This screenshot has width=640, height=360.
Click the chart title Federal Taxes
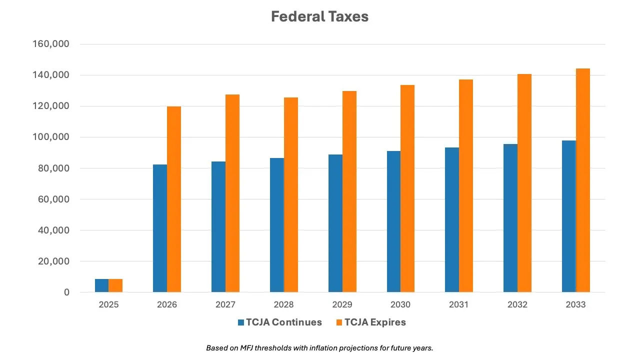click(x=319, y=16)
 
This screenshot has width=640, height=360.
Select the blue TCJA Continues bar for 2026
click(x=160, y=228)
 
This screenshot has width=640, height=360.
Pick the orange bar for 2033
click(x=583, y=180)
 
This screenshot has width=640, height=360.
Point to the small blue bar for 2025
click(x=101, y=285)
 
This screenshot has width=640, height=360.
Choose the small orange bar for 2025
click(x=115, y=285)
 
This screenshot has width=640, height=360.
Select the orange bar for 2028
click(x=291, y=194)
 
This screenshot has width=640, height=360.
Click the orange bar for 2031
click(x=466, y=185)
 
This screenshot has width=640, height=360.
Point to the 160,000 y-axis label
click(x=50, y=44)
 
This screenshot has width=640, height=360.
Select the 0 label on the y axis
click(x=66, y=292)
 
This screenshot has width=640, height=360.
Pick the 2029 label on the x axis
click(x=342, y=304)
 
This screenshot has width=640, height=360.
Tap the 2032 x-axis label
click(x=517, y=304)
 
